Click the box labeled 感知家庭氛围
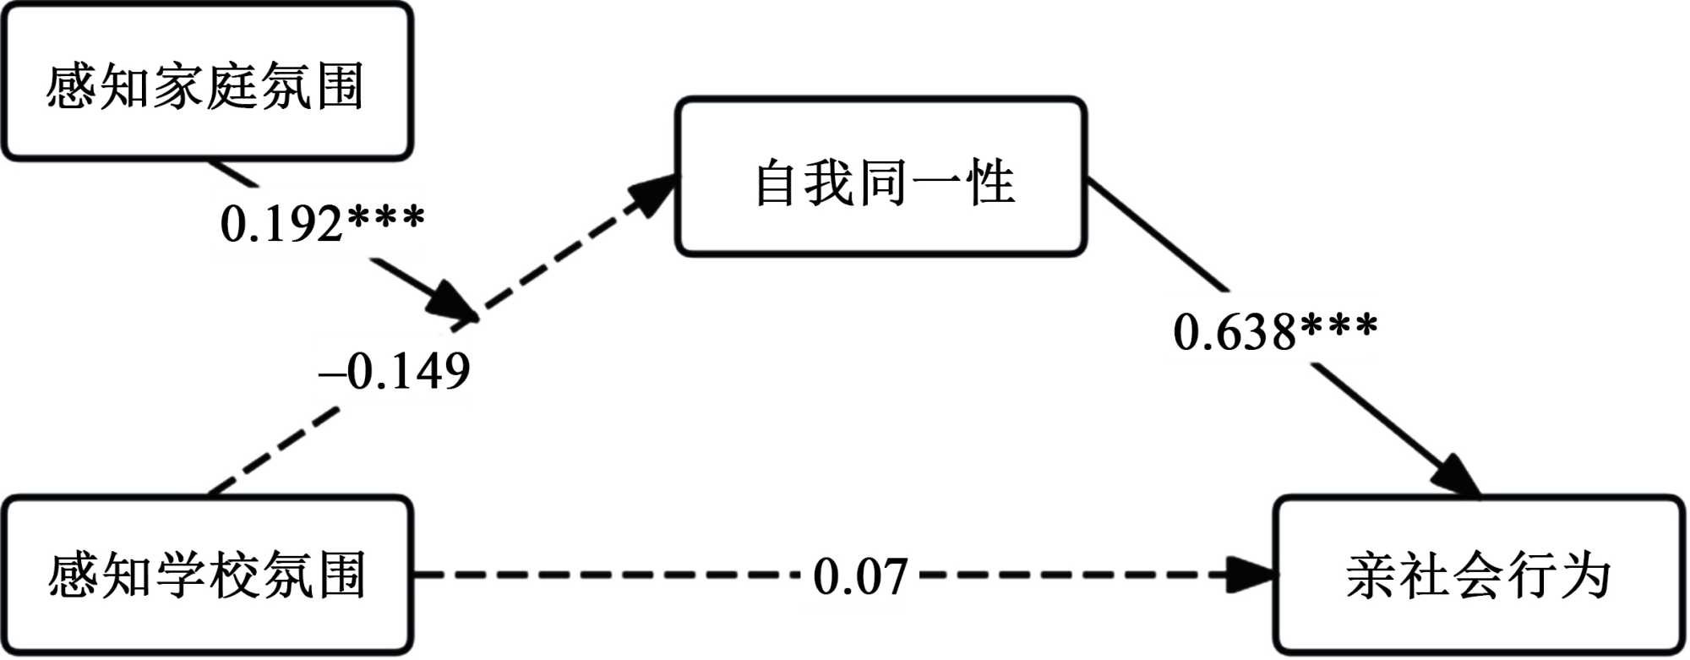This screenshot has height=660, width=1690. click(206, 83)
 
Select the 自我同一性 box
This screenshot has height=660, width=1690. click(880, 177)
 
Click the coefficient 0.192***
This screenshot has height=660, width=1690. click(322, 223)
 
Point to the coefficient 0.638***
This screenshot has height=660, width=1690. click(1275, 331)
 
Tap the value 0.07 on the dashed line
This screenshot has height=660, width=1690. click(860, 577)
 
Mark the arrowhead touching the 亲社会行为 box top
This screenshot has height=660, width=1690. click(1457, 478)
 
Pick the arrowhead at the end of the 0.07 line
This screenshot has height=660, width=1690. click(1253, 575)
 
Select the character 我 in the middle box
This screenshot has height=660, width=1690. click(830, 183)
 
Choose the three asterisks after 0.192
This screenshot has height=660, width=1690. click(386, 218)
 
